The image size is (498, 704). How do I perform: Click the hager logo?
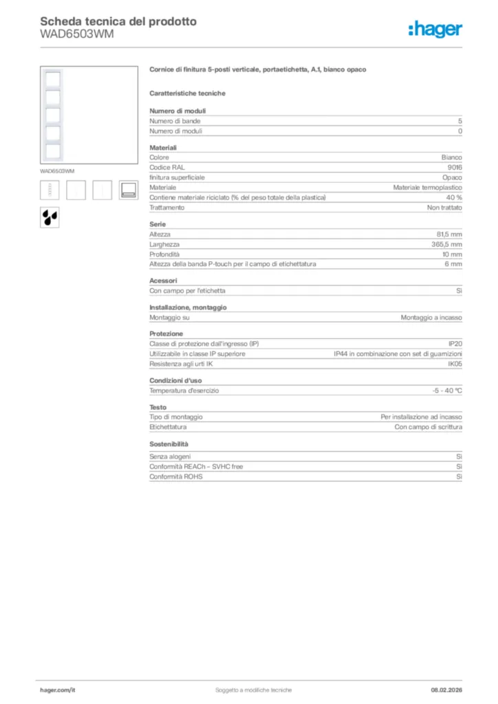435,29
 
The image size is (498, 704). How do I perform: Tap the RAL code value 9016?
455,167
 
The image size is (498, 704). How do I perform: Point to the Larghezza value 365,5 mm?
447,244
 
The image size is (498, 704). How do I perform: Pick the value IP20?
455,344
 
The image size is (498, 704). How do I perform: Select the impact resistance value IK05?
455,364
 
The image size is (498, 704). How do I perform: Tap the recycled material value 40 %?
453,197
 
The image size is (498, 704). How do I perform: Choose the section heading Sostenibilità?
169,444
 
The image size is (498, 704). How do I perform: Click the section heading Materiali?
163,148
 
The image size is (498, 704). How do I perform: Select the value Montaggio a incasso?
431,318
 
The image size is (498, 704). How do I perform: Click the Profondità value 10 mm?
452,254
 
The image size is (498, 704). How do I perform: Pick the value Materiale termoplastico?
427,187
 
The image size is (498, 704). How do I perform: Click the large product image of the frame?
53,114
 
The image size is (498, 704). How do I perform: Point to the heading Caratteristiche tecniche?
187,93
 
